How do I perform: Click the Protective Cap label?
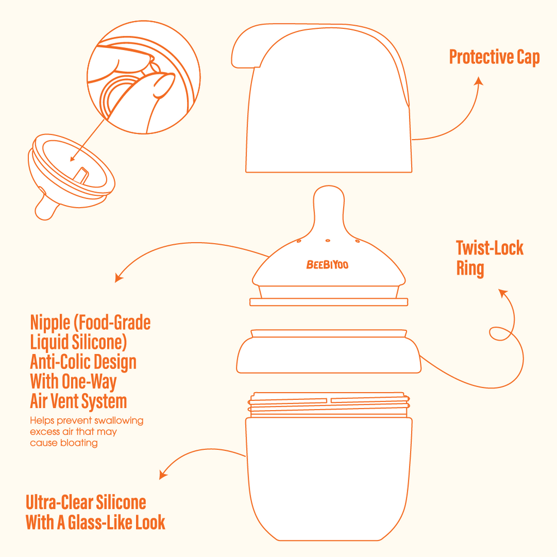point(494,57)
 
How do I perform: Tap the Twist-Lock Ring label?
point(490,258)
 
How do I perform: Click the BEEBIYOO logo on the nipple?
point(327,265)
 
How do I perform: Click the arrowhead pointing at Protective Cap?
point(479,81)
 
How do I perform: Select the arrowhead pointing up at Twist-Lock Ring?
point(503,293)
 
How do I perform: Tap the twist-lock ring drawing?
point(329,352)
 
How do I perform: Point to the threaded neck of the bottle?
point(329,405)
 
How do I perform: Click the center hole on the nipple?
point(328,240)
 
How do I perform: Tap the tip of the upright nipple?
point(329,186)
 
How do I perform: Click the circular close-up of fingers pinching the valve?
point(144,77)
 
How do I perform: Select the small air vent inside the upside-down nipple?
point(82,176)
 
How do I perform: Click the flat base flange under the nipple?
point(329,302)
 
